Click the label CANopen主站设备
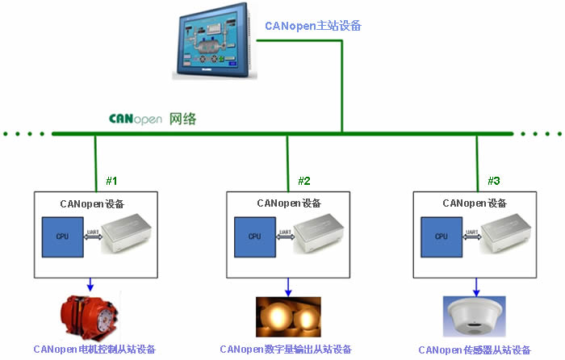[x=313, y=26]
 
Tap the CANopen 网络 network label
[x=153, y=119]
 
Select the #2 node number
[x=304, y=180]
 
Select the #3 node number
[x=494, y=180]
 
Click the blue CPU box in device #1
[x=62, y=236]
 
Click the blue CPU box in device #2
[x=254, y=236]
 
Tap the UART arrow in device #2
[x=284, y=235]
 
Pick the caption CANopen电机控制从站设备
[x=94, y=350]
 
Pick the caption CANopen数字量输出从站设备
[x=286, y=350]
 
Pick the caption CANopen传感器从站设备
[x=475, y=350]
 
